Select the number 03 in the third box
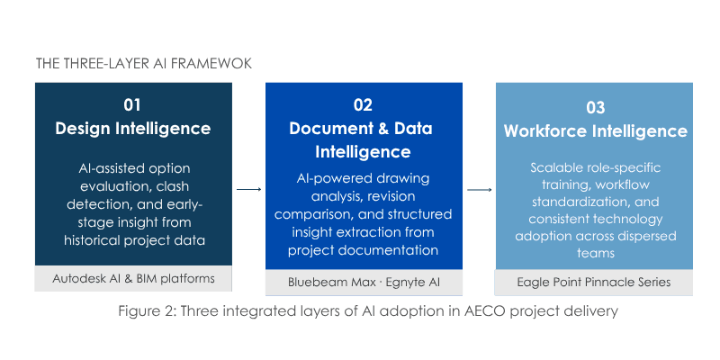pos(595,107)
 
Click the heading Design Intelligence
pos(132,129)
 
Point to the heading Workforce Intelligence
pos(595,131)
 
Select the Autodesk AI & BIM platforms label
pos(132,278)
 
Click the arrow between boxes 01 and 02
pos(249,190)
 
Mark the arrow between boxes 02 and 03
pos(480,190)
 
